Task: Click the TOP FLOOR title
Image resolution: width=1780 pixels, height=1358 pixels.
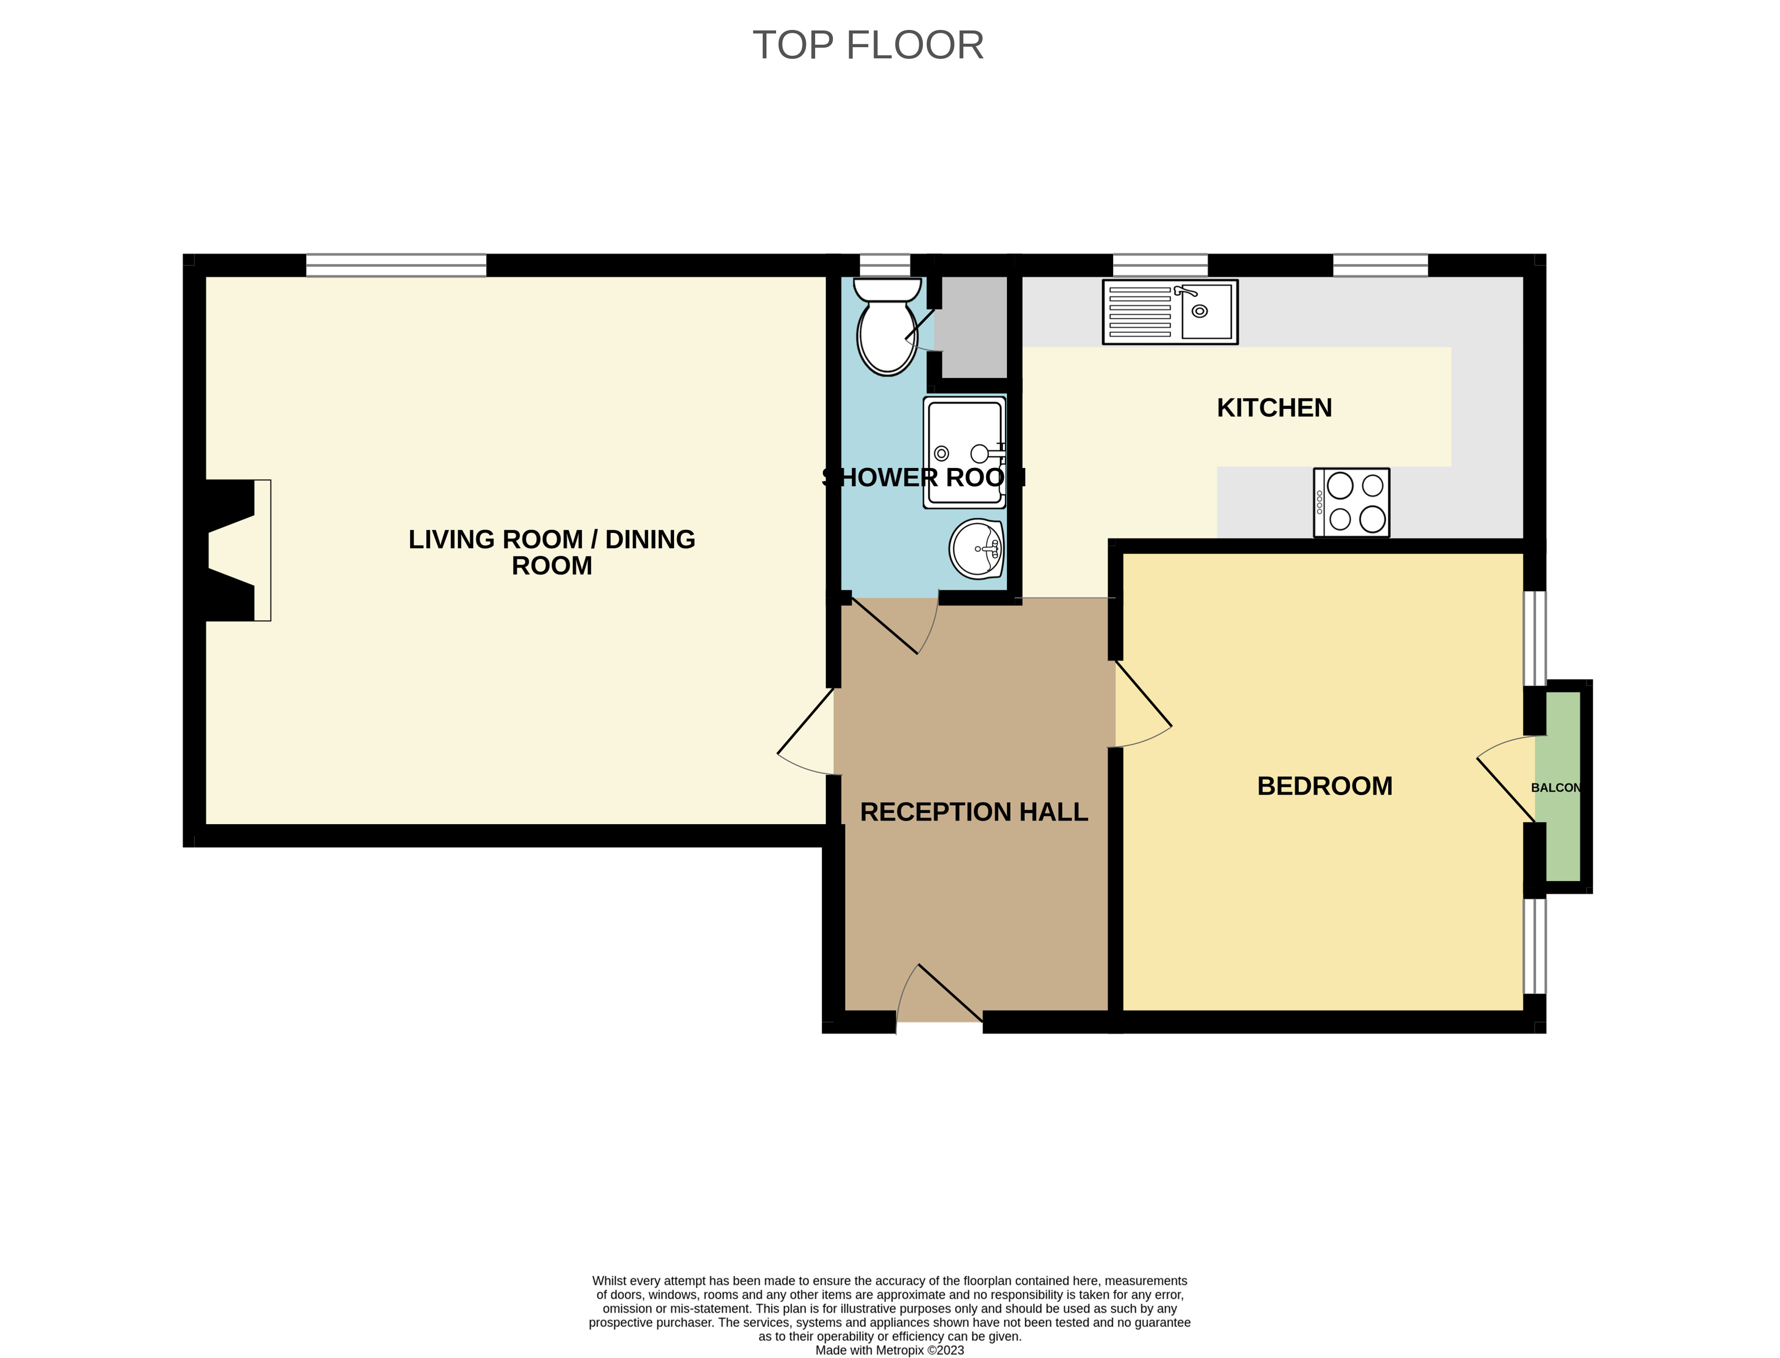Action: click(868, 45)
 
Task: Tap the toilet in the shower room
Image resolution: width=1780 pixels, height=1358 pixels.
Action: click(888, 327)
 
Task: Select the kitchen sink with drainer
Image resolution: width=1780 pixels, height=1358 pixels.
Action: click(1170, 312)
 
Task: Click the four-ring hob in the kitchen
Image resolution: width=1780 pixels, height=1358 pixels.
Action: click(1352, 502)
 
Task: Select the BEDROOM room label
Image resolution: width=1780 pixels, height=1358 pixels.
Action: click(1325, 786)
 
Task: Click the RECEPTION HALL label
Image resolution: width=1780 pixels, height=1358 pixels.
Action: click(974, 811)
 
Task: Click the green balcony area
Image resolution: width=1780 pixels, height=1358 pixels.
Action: click(1563, 786)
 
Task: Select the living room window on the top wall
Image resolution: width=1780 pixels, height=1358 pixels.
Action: click(396, 265)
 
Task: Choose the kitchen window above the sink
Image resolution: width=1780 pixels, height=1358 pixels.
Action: click(1160, 265)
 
